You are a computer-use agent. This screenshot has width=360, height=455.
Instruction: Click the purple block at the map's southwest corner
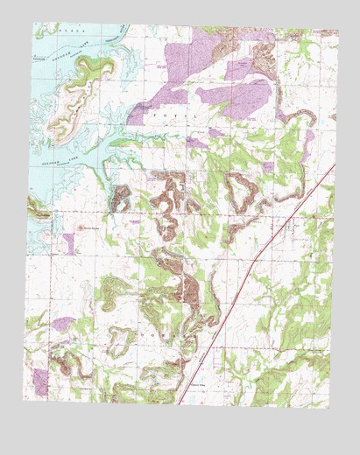coord(40,380)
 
